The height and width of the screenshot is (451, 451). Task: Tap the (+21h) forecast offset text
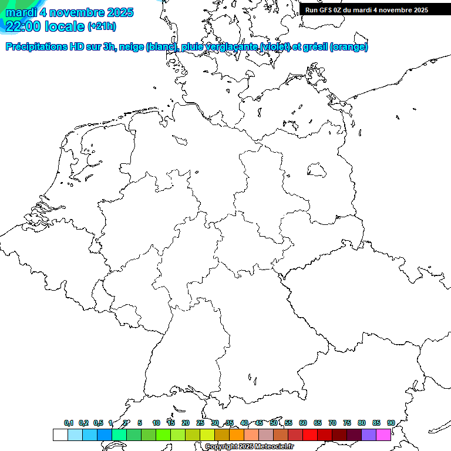click(102, 26)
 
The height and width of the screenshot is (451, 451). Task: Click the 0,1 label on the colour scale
click(69, 423)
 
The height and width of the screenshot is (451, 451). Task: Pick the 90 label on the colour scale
click(391, 423)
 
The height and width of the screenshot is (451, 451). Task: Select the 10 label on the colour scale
click(156, 423)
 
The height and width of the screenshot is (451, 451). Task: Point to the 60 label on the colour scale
click(303, 423)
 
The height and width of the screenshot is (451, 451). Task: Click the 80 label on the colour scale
click(362, 423)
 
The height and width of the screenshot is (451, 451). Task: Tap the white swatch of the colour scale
click(60, 435)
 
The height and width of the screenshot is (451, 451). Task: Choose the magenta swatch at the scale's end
click(383, 435)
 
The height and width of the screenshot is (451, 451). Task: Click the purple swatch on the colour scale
click(369, 435)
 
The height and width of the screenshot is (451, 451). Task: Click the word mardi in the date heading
click(19, 12)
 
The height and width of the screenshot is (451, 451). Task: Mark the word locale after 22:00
click(64, 26)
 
